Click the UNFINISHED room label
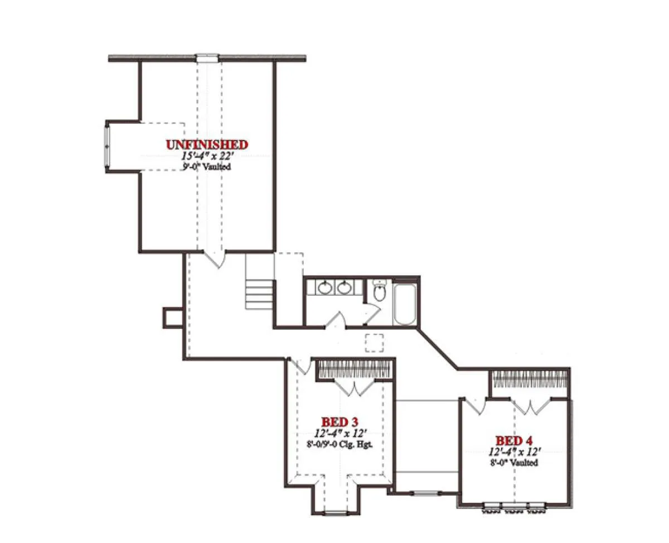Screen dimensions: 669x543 pyautogui.click(x=207, y=145)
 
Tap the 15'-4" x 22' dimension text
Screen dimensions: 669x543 pyautogui.click(x=207, y=156)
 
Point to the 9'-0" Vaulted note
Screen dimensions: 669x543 pyautogui.click(x=207, y=166)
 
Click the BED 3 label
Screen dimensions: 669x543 pyautogui.click(x=340, y=422)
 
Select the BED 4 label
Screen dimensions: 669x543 pyautogui.click(x=514, y=441)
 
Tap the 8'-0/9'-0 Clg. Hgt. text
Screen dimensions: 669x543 pyautogui.click(x=340, y=444)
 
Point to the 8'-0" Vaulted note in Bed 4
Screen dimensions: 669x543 pyautogui.click(x=514, y=463)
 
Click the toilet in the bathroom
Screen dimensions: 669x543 pyautogui.click(x=380, y=290)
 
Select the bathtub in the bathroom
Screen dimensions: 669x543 pyautogui.click(x=405, y=304)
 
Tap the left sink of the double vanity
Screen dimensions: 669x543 pyautogui.click(x=326, y=287)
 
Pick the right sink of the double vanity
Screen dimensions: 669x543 pyautogui.click(x=344, y=287)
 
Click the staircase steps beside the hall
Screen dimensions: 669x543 pyautogui.click(x=259, y=295)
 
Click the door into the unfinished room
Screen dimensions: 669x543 pyautogui.click(x=215, y=259)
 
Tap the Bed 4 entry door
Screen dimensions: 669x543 pyautogui.click(x=475, y=406)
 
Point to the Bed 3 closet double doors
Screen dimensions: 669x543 pyautogui.click(x=354, y=387)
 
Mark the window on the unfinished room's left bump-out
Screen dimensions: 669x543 pyautogui.click(x=107, y=147)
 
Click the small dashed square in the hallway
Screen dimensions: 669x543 pyautogui.click(x=374, y=343)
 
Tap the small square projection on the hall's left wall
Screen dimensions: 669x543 pyautogui.click(x=173, y=318)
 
